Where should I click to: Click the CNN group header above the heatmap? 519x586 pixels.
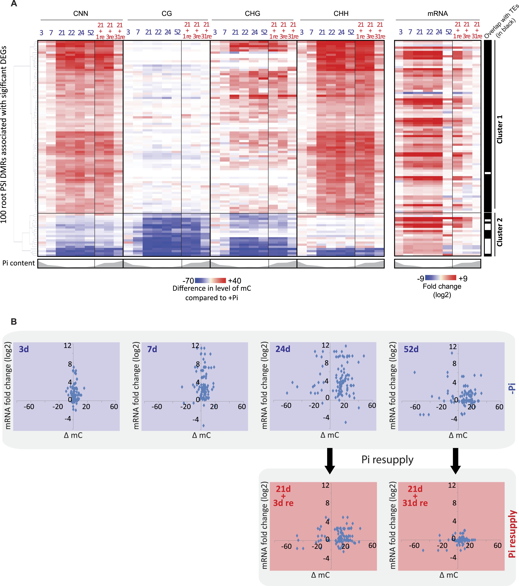(81, 14)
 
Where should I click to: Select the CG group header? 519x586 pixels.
(167, 14)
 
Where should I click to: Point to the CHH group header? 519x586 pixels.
(341, 14)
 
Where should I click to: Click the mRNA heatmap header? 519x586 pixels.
(437, 14)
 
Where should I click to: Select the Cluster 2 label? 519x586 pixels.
(500, 232)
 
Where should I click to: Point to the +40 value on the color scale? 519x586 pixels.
(235, 281)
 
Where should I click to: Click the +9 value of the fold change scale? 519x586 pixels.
(463, 278)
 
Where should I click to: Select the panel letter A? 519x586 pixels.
(14, 4)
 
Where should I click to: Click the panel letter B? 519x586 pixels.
(14, 322)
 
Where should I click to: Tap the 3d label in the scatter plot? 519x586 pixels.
(24, 349)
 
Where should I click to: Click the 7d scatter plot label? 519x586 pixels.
(152, 349)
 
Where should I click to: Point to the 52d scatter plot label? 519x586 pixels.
(411, 349)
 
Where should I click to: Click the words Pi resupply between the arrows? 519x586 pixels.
(387, 460)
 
